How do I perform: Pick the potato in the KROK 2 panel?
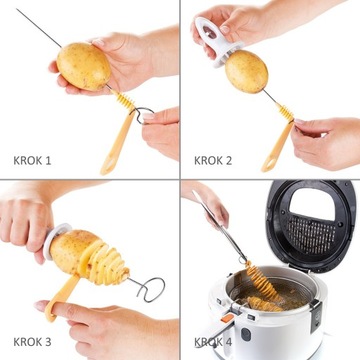pyautogui.click(x=247, y=72)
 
